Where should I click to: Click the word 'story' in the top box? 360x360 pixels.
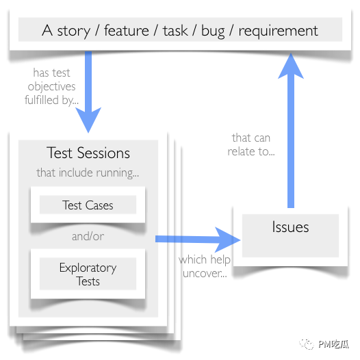click(73, 31)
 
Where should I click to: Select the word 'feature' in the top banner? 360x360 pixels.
click(127, 30)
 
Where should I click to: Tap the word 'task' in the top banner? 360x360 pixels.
click(175, 30)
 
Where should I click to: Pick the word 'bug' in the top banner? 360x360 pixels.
click(213, 31)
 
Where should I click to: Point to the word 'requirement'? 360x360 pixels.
click(279, 31)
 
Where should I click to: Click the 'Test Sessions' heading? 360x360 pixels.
click(88, 153)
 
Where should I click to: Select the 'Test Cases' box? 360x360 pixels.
click(88, 205)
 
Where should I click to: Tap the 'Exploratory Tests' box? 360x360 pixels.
click(88, 274)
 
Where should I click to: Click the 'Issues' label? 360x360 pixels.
click(290, 227)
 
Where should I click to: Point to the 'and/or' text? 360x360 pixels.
click(88, 236)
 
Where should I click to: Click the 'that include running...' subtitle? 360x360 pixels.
click(88, 173)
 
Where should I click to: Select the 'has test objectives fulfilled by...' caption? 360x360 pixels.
click(51, 86)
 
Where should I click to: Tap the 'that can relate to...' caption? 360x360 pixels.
click(251, 144)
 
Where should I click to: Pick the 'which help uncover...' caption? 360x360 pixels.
click(205, 266)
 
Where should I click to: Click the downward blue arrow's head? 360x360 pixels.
click(88, 119)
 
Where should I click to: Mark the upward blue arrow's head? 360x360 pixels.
click(291, 66)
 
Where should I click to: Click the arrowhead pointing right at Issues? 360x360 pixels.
click(228, 240)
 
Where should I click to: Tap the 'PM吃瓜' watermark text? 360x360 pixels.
click(334, 344)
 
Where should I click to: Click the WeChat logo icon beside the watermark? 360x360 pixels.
click(307, 344)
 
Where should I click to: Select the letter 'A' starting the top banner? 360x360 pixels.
click(47, 30)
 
